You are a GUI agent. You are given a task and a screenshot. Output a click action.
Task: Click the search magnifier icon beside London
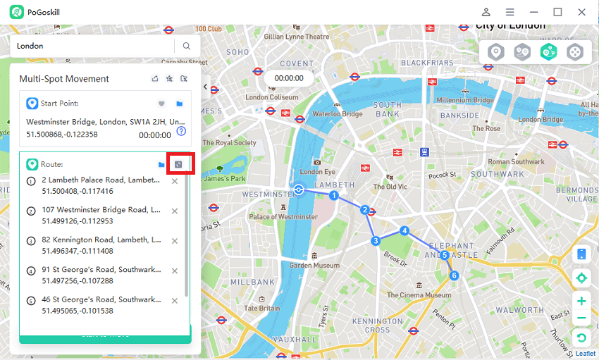click(x=187, y=46)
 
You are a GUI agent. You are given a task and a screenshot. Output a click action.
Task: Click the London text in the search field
click(x=30, y=46)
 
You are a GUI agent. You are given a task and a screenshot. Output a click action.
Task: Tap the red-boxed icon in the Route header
click(x=178, y=164)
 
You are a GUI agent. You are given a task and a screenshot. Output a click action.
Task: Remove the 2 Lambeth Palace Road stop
click(x=175, y=181)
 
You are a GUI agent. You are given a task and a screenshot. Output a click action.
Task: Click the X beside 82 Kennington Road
click(x=175, y=241)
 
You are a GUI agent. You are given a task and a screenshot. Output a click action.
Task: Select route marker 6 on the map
click(x=455, y=275)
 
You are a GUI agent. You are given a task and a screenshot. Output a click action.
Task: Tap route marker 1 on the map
click(x=335, y=195)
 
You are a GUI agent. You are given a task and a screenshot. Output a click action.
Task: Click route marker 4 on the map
click(x=405, y=230)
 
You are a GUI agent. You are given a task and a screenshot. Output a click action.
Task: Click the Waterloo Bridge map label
click(x=338, y=114)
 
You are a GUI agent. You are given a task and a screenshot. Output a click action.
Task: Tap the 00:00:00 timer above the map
click(x=289, y=78)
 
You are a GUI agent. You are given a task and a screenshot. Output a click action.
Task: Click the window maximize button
click(x=557, y=12)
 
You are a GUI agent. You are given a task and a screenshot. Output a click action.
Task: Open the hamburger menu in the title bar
click(x=510, y=12)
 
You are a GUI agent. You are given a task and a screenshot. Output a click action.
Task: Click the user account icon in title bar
click(x=486, y=12)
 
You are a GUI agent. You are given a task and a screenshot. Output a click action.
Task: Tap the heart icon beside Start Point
click(x=161, y=104)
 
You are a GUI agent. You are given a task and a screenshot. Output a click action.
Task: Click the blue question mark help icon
click(x=181, y=131)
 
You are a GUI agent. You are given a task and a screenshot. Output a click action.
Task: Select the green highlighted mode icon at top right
click(x=549, y=51)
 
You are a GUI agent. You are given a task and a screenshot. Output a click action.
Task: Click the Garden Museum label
click(x=314, y=266)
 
